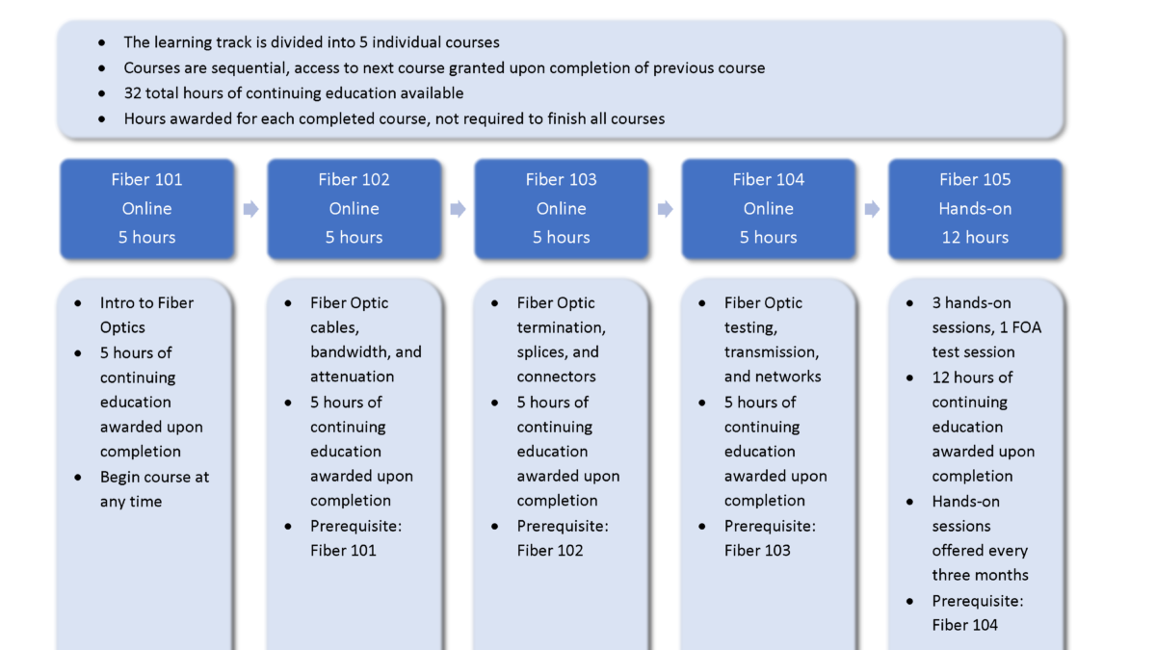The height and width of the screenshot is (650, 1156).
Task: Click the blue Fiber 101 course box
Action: click(147, 209)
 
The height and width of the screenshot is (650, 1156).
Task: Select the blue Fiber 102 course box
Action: click(355, 209)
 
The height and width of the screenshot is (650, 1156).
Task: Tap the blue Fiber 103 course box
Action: click(562, 209)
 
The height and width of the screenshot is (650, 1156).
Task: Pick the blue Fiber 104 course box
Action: click(769, 209)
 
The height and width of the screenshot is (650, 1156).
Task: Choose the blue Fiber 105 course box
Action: click(975, 209)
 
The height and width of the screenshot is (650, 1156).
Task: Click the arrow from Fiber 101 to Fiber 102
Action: click(250, 209)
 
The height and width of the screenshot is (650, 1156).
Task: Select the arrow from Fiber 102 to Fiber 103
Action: click(458, 209)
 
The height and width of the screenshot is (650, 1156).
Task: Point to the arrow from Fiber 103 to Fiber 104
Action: click(666, 209)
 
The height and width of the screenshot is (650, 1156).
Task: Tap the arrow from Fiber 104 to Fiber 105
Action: click(872, 209)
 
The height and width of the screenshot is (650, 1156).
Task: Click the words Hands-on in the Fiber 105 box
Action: click(975, 208)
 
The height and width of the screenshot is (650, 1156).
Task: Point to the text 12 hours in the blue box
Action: click(975, 237)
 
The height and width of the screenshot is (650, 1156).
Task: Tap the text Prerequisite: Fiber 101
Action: click(356, 538)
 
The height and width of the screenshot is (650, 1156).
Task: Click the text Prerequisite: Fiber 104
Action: click(978, 612)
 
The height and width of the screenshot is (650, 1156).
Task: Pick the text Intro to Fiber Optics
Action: click(146, 315)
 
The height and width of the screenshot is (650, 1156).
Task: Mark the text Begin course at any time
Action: click(154, 489)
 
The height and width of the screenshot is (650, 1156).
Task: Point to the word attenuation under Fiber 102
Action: click(352, 377)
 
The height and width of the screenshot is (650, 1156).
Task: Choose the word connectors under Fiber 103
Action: click(557, 377)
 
